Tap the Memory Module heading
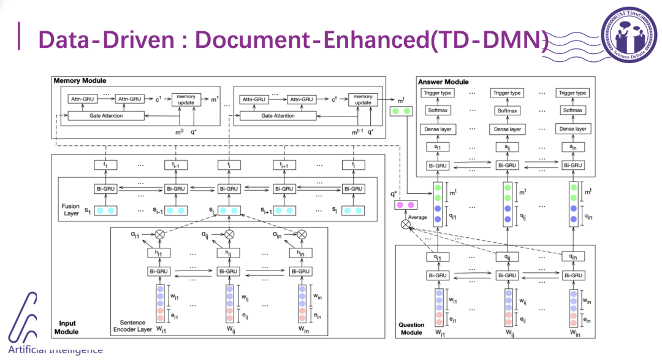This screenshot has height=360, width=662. click(80, 80)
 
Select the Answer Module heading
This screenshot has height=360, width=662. click(443, 82)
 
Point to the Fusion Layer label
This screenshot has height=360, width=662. click(70, 210)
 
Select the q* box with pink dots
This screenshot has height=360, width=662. click(403, 204)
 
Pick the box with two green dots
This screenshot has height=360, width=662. click(401, 112)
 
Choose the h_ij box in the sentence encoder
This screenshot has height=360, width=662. click(229, 253)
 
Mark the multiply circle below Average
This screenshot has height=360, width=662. click(405, 225)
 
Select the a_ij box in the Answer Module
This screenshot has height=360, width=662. click(508, 147)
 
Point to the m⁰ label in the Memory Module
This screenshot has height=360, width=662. click(181, 131)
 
